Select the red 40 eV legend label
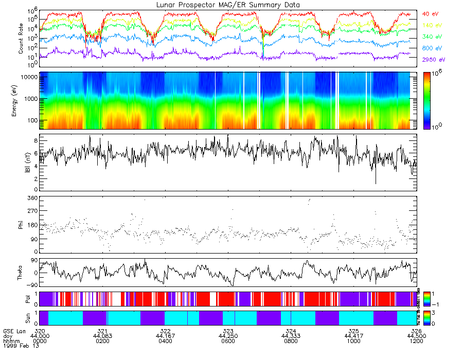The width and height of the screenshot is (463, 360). click(x=430, y=14)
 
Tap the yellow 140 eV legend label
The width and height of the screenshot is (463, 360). click(x=431, y=25)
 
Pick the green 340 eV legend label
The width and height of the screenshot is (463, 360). click(x=431, y=37)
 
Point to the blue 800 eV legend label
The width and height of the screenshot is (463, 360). click(x=431, y=48)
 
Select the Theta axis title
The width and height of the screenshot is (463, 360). click(x=21, y=274)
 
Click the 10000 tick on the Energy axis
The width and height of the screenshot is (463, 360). click(x=28, y=77)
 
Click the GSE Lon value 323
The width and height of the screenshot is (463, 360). click(x=228, y=331)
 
